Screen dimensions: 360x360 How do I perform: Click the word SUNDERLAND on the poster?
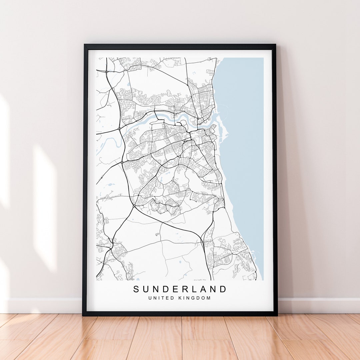(180, 289)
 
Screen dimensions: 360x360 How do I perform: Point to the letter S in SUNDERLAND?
(136, 289)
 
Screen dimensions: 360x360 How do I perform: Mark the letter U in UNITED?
(150, 298)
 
